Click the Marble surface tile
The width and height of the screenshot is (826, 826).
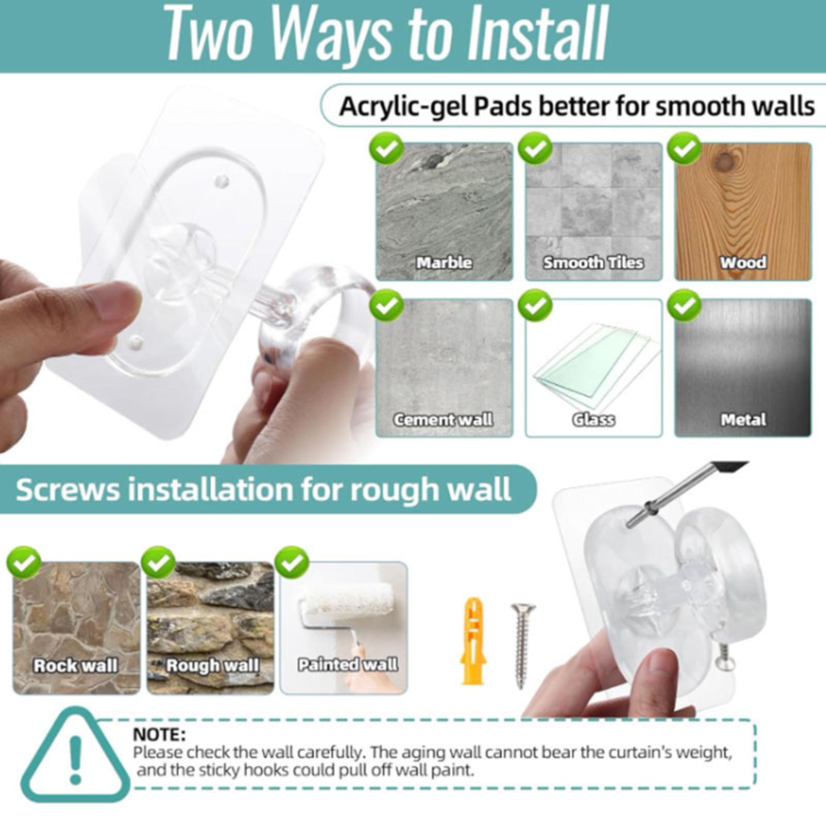click(x=444, y=212)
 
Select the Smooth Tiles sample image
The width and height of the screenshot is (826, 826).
click(x=594, y=212)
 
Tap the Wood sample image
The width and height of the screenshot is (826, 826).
click(x=743, y=212)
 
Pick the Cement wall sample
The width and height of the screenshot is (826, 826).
click(x=444, y=368)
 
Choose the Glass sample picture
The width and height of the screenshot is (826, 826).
click(x=594, y=368)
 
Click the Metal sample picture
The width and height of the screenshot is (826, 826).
click(x=743, y=368)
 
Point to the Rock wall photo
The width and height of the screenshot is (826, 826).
click(x=76, y=628)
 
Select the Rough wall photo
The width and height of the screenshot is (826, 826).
click(x=210, y=628)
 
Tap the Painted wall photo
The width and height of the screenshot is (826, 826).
click(x=344, y=628)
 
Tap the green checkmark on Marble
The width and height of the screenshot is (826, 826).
click(x=386, y=149)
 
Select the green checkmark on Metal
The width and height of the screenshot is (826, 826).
click(x=685, y=305)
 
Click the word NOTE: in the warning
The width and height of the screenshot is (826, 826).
click(x=159, y=734)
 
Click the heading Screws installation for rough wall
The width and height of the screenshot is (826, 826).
click(x=264, y=489)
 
